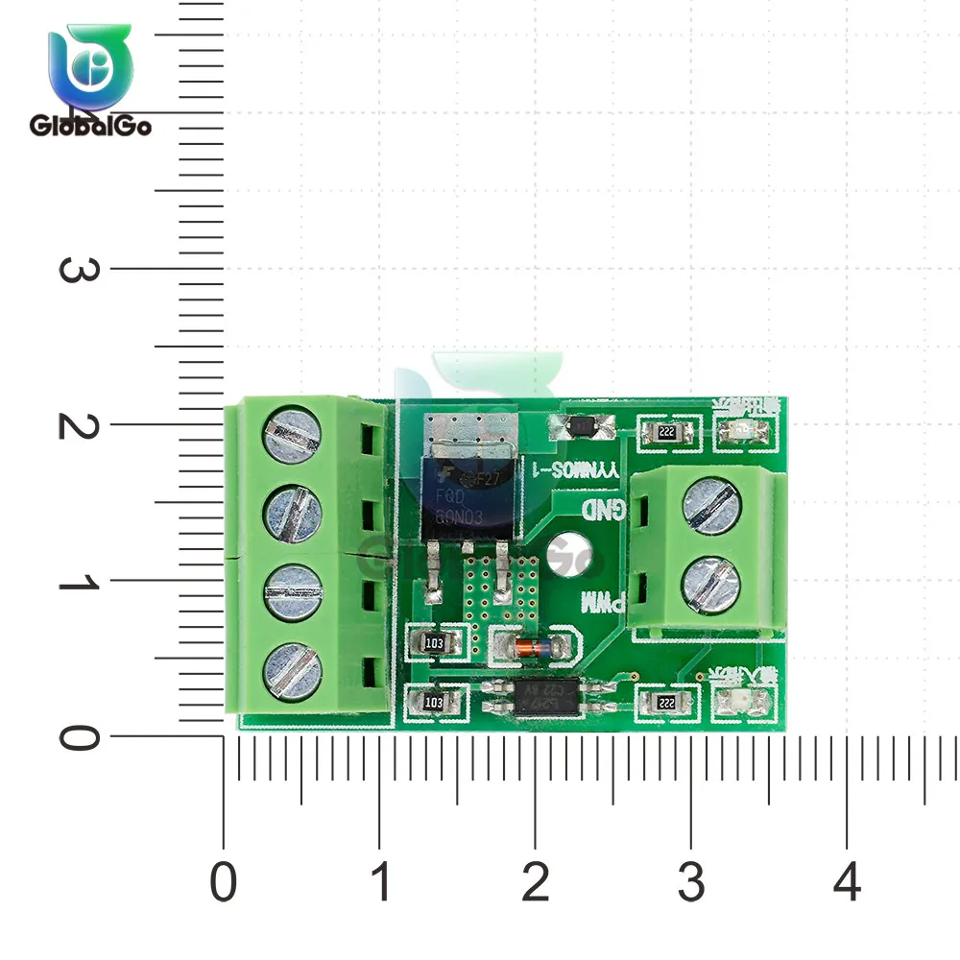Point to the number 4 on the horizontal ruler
[846, 881]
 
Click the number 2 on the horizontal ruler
[535, 881]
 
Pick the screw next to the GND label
[712, 506]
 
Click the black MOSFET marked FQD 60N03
[469, 490]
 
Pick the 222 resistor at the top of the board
[666, 433]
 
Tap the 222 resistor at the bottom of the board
[666, 703]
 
